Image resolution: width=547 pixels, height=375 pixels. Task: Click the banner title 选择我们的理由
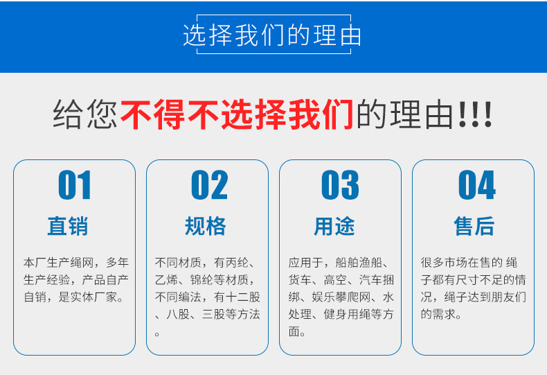pyautogui.click(x=272, y=35)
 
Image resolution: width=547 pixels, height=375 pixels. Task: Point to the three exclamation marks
pyautogui.click(x=475, y=116)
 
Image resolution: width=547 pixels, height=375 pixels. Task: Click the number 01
pyautogui.click(x=75, y=186)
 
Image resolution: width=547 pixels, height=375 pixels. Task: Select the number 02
pyautogui.click(x=208, y=186)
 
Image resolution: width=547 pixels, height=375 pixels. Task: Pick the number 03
pyautogui.click(x=340, y=186)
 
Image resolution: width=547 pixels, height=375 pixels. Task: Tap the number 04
pyautogui.click(x=476, y=186)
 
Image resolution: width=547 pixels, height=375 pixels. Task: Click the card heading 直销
pyautogui.click(x=68, y=226)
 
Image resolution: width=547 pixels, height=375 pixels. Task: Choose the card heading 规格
pyautogui.click(x=206, y=226)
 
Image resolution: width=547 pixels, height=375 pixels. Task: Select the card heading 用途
pyautogui.click(x=334, y=226)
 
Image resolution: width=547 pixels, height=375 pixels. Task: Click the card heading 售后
pyautogui.click(x=474, y=226)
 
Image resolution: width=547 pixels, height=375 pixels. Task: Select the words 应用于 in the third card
pyautogui.click(x=305, y=263)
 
